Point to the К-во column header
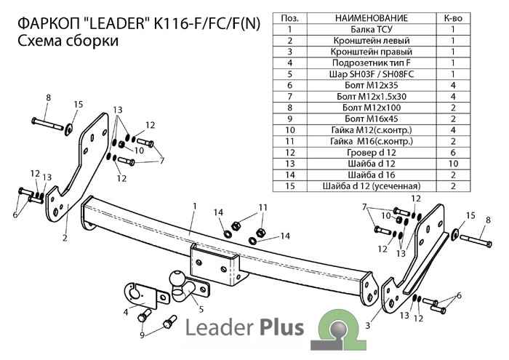pyautogui.click(x=454, y=17)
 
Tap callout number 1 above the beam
pyautogui.click(x=195, y=208)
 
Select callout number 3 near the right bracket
pyautogui.click(x=369, y=327)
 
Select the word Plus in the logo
pyautogui.click(x=275, y=328)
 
